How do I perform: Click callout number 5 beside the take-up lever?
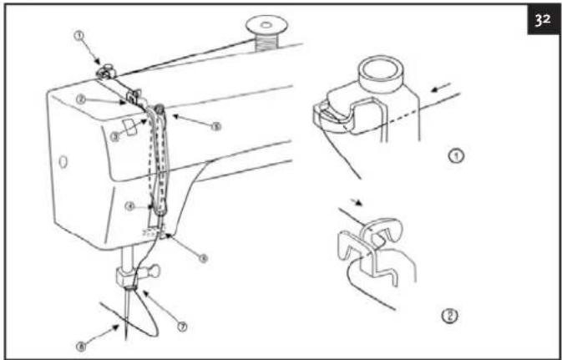pos(215,127)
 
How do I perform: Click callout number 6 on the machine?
pos(203,258)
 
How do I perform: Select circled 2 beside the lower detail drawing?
pos(451,317)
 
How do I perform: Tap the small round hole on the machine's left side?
pos(63,158)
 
